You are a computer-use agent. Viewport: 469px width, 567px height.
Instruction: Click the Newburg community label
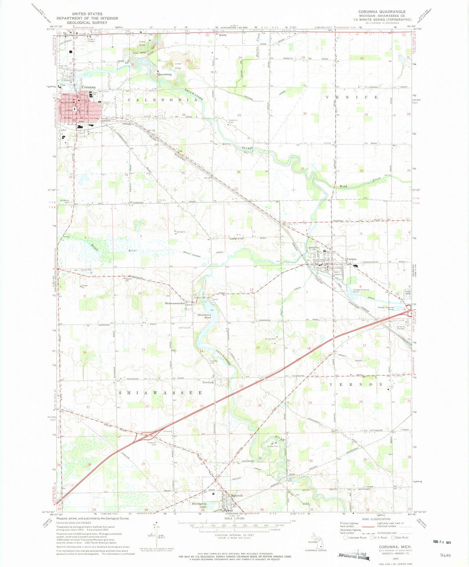click(208, 383)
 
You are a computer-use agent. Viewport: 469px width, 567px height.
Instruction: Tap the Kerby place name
click(223, 35)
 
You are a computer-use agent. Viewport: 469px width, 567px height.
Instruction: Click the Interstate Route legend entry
click(356, 538)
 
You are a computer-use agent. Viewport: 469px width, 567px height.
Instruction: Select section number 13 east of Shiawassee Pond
click(258, 347)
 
